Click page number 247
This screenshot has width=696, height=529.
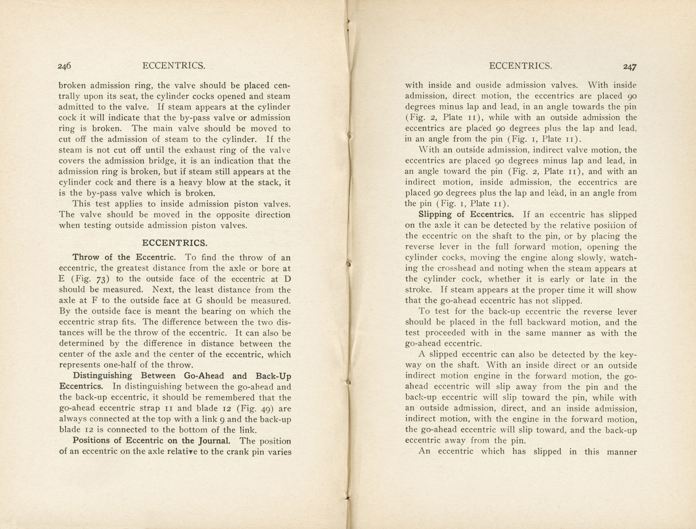630,67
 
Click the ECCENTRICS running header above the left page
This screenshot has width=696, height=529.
174,66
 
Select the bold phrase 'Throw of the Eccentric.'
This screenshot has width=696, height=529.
124,257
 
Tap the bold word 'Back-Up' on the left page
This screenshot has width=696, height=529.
273,376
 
